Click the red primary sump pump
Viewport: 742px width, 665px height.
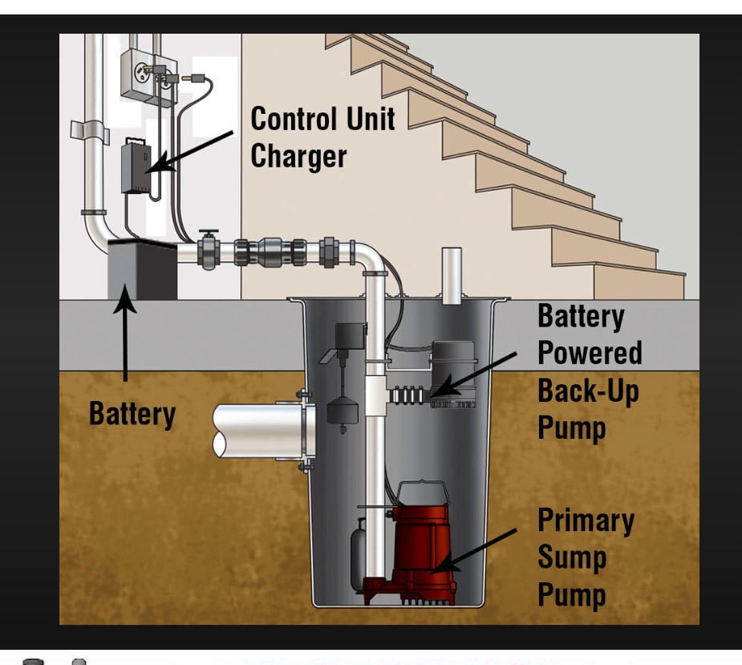420,545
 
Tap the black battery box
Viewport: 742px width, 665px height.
142,269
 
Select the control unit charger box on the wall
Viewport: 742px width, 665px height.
136,166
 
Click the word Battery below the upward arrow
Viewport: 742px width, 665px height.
132,414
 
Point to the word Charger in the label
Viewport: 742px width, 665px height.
298,155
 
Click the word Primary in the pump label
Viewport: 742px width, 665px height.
585,521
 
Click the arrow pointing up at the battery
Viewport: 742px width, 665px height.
125,337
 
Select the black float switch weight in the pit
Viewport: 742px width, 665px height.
342,411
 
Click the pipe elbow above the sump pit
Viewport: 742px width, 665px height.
368,257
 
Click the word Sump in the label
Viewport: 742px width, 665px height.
572,558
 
